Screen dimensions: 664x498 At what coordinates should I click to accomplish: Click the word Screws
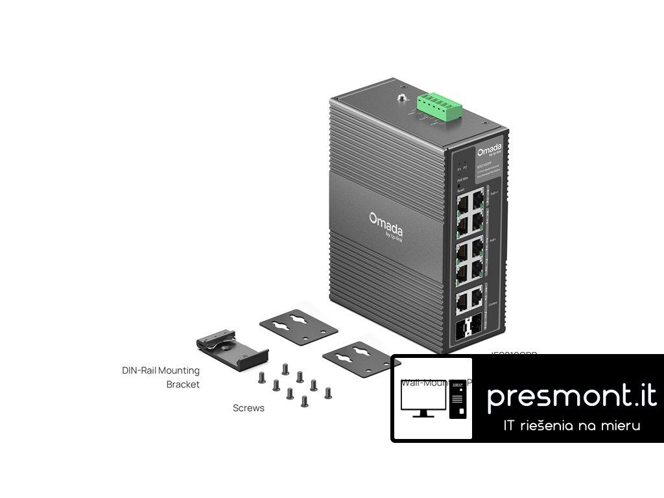click(x=248, y=409)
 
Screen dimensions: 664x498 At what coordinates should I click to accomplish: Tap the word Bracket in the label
click(x=183, y=384)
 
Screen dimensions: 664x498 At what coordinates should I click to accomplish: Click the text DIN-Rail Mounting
click(x=161, y=370)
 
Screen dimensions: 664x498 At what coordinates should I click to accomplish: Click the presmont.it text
click(x=571, y=396)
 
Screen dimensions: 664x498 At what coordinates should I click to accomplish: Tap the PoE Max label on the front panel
click(x=462, y=179)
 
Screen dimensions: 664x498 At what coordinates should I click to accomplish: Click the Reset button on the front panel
click(x=460, y=186)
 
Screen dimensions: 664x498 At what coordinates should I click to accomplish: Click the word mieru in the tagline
click(x=621, y=426)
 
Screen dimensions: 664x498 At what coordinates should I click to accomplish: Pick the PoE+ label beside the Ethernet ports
click(x=493, y=240)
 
